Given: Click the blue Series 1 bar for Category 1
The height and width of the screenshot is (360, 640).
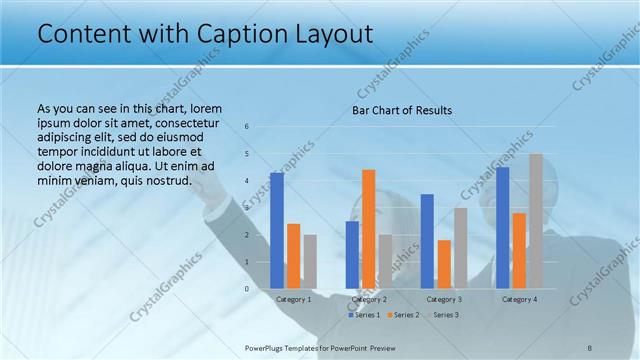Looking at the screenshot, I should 276,231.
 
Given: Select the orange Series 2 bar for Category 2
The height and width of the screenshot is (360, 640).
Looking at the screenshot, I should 368,229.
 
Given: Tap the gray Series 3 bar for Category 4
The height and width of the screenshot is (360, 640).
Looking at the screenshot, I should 536,221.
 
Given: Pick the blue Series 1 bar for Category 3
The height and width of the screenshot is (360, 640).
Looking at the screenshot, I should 427,241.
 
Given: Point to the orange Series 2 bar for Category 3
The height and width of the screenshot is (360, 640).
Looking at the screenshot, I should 444,264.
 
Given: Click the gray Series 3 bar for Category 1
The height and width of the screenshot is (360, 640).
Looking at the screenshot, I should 310,262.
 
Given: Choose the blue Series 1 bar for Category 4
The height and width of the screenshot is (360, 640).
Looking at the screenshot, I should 502,228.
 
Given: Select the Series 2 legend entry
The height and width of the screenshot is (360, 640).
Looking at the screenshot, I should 403,315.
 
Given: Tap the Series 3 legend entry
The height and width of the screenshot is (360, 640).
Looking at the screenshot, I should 443,315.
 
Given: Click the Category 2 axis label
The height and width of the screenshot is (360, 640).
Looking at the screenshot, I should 369,299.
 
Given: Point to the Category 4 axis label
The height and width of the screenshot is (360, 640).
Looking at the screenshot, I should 519,299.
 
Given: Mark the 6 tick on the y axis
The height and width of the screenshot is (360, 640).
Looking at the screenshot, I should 247,127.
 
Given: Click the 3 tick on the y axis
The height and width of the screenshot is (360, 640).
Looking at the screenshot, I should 247,208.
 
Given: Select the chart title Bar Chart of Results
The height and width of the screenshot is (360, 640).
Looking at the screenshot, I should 402,109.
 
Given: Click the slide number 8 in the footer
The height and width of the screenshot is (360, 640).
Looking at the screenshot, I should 590,347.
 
